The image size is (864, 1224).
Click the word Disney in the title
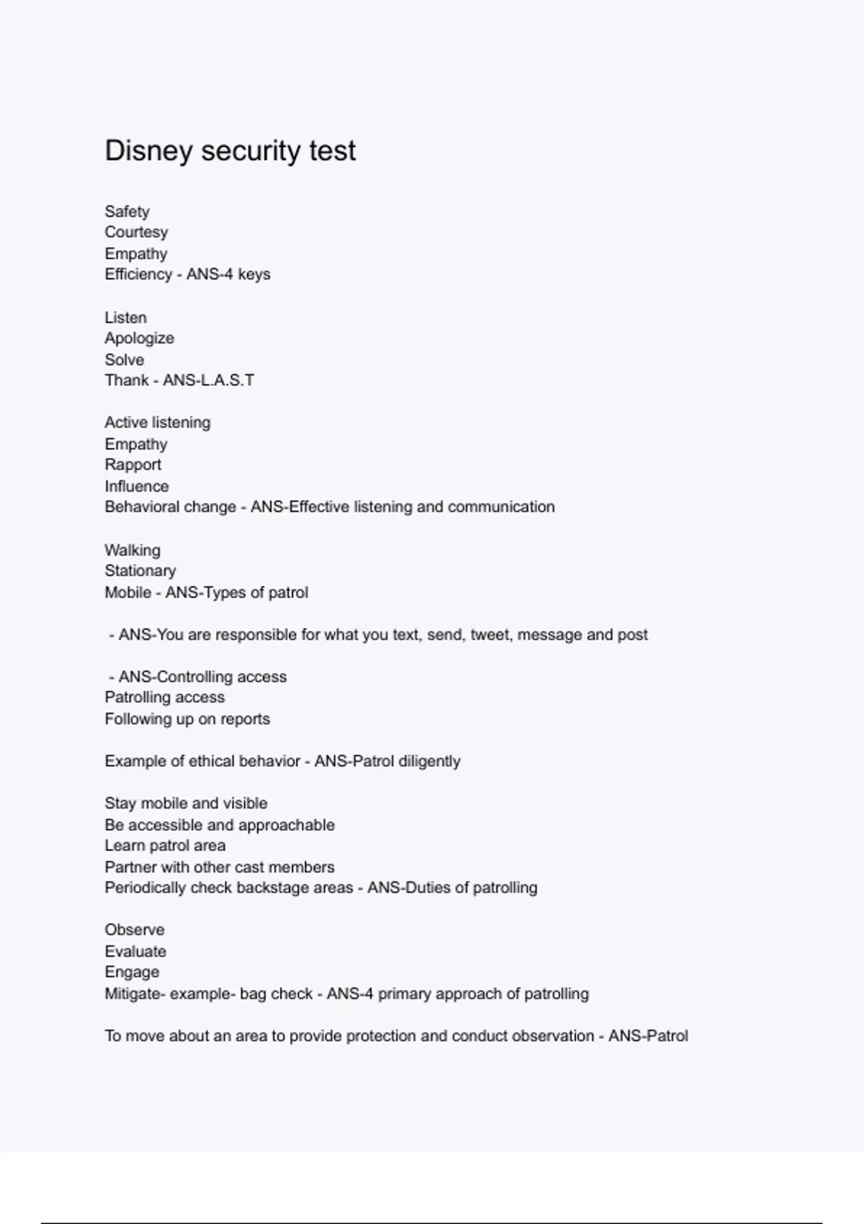pyautogui.click(x=149, y=151)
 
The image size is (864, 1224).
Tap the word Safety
pyautogui.click(x=127, y=212)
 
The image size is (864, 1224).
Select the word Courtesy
pyautogui.click(x=136, y=233)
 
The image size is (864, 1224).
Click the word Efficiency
pyautogui.click(x=138, y=274)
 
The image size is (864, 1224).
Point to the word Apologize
pyautogui.click(x=139, y=338)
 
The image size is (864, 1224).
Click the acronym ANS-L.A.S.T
pyautogui.click(x=208, y=380)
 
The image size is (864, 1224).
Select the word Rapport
pyautogui.click(x=132, y=465)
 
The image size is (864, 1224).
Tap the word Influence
pyautogui.click(x=136, y=487)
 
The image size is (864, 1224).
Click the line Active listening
pyautogui.click(x=157, y=423)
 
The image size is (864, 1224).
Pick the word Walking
pyautogui.click(x=132, y=551)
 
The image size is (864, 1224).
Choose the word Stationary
pyautogui.click(x=140, y=571)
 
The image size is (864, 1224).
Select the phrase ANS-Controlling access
pyautogui.click(x=202, y=677)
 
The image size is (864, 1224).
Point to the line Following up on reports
pyautogui.click(x=187, y=719)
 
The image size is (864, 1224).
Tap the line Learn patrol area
pyautogui.click(x=165, y=846)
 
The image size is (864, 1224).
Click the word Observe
pyautogui.click(x=134, y=930)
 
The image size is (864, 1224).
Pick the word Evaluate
pyautogui.click(x=135, y=952)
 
